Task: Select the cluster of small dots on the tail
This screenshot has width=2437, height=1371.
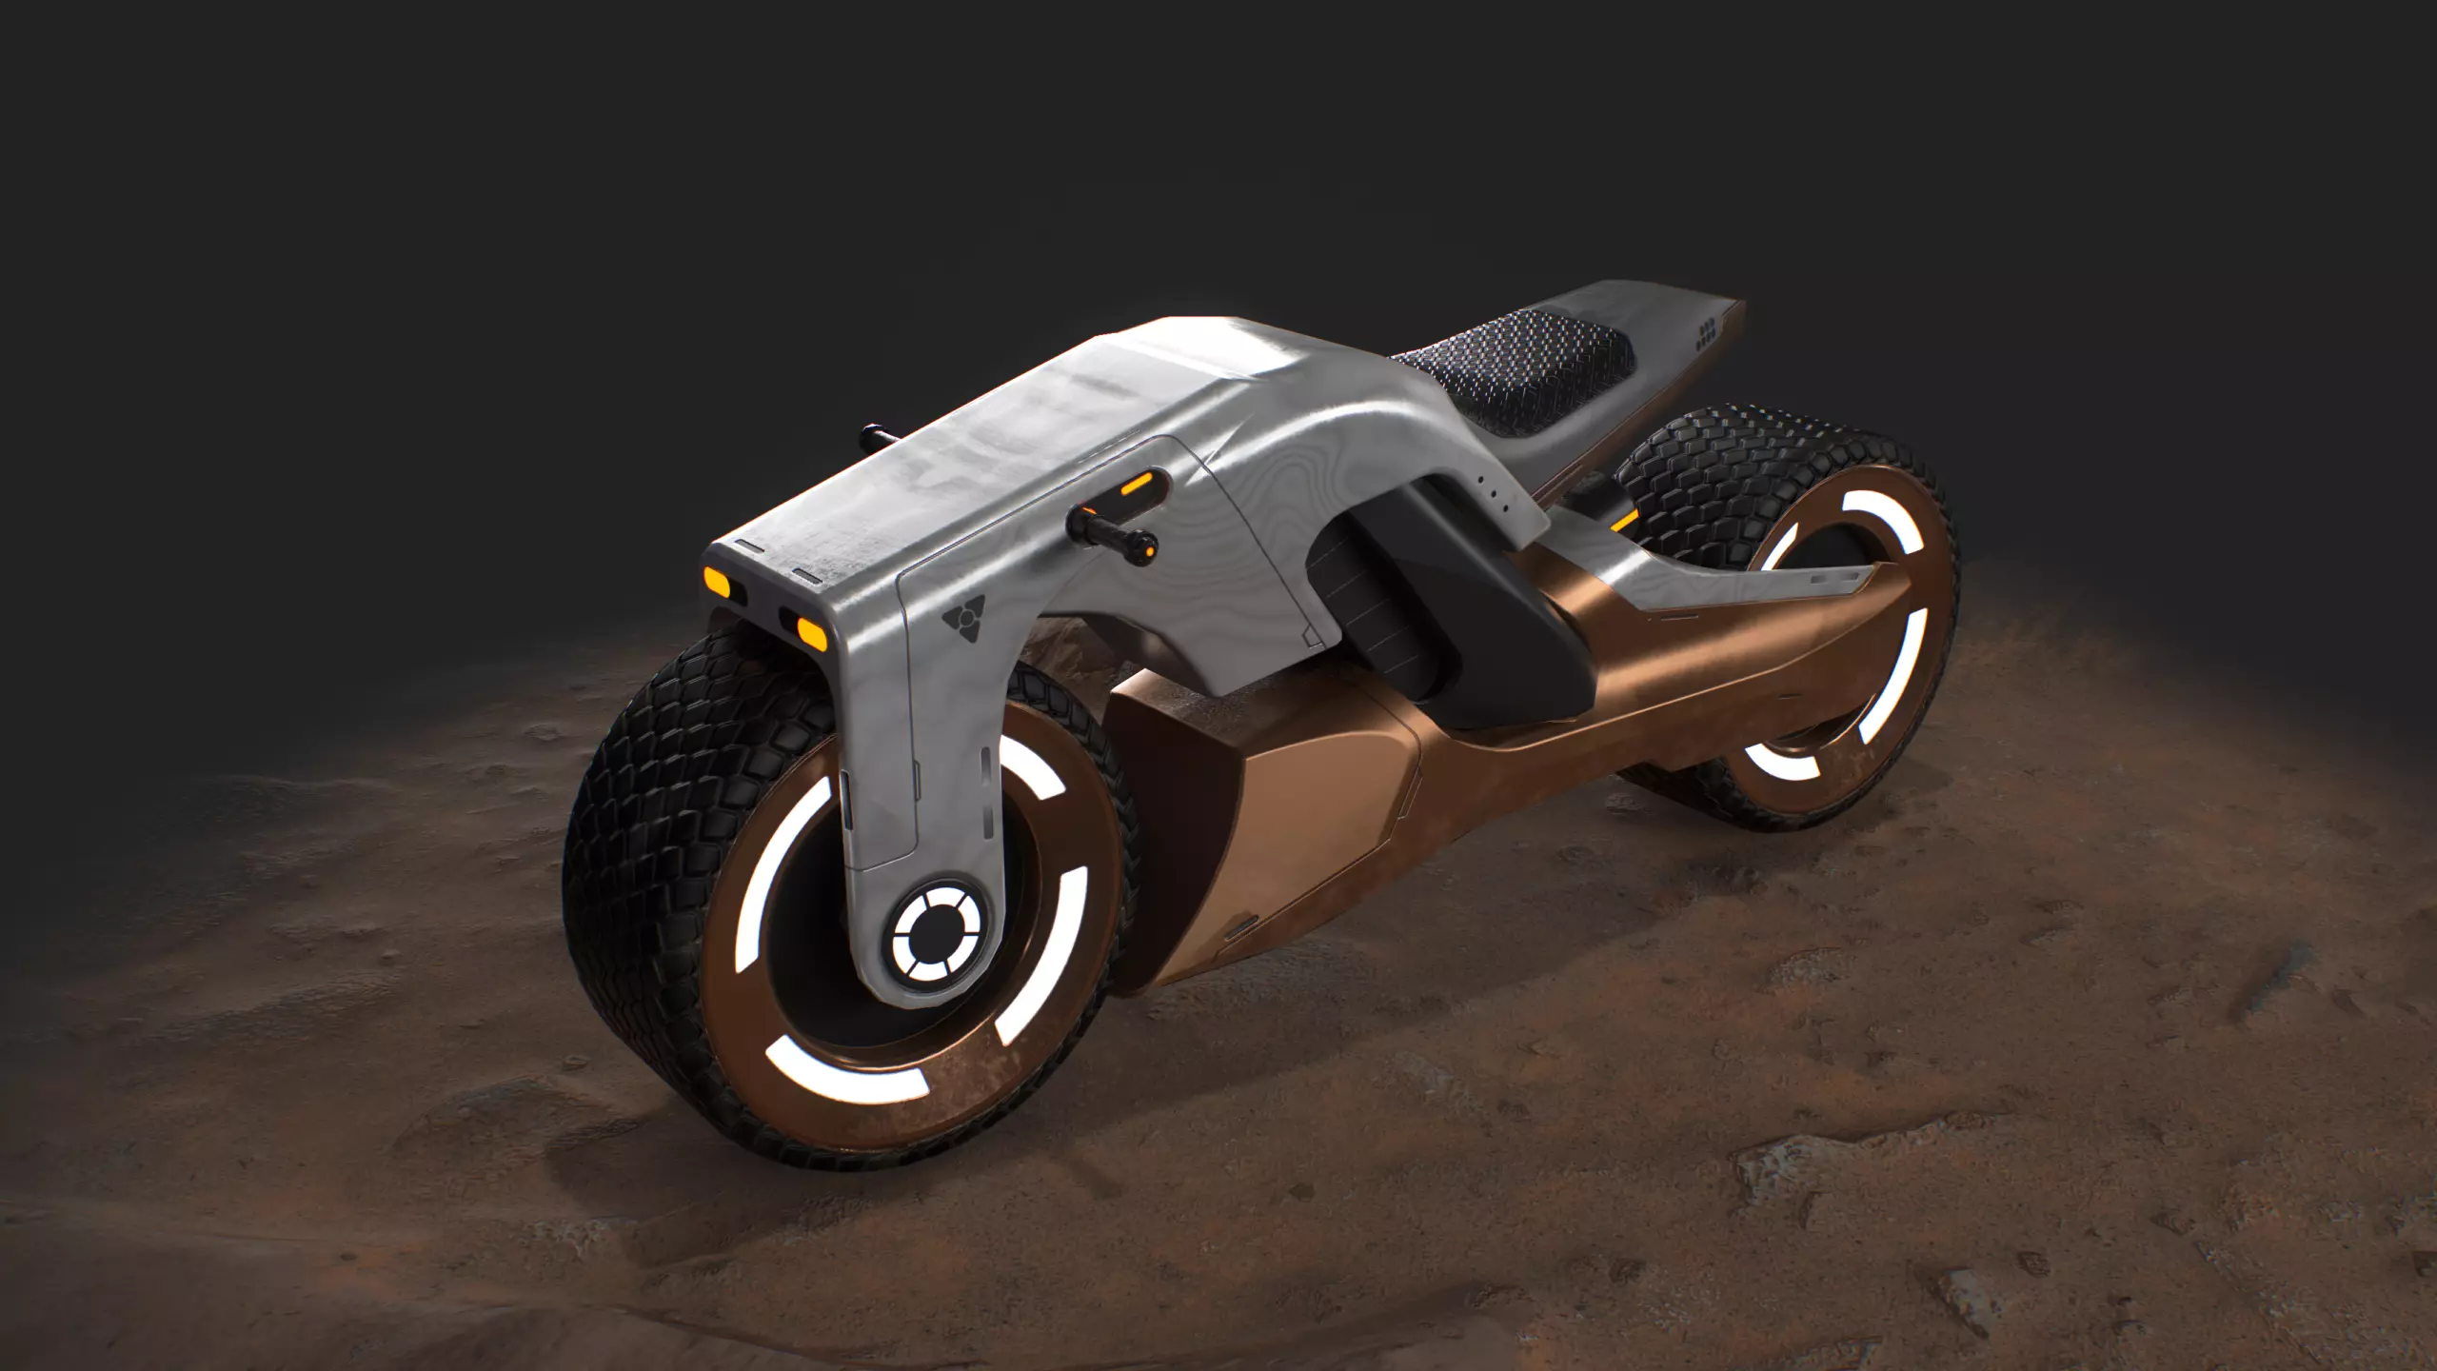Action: coord(1707,332)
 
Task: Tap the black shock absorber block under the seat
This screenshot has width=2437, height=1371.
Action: coord(1371,609)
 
